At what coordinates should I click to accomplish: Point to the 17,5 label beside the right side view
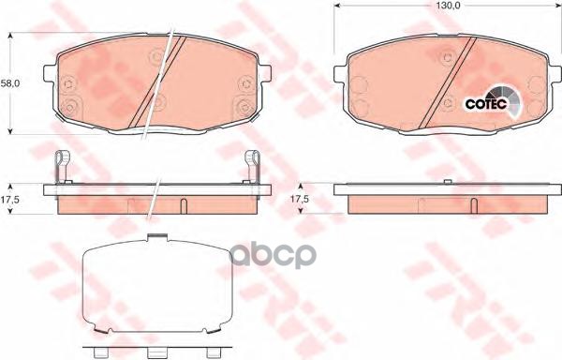[300, 200]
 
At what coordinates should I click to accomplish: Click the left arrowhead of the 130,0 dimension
[338, 6]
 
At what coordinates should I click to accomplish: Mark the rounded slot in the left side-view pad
[184, 206]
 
